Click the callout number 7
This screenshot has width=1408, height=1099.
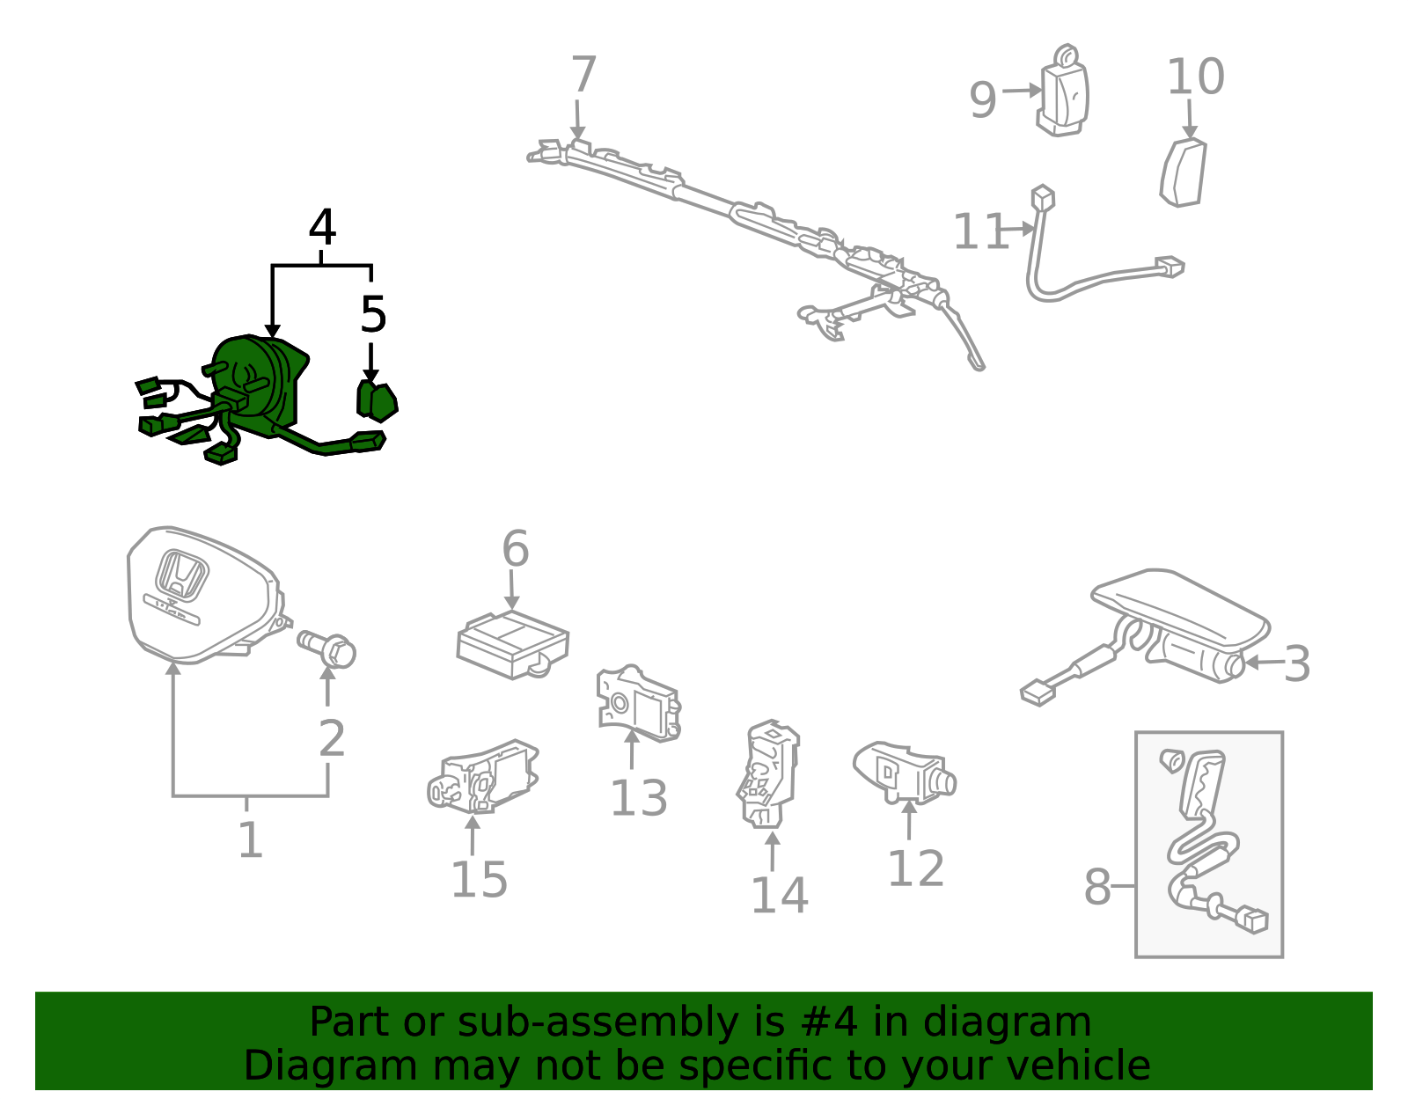(x=583, y=74)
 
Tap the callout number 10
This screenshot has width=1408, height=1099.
(x=1195, y=77)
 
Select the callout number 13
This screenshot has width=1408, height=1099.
(x=639, y=798)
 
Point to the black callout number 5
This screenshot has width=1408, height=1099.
(x=373, y=314)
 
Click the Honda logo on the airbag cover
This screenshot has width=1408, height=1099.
(x=181, y=575)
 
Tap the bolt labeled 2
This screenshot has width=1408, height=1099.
(x=327, y=648)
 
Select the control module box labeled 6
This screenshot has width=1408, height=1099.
(x=512, y=644)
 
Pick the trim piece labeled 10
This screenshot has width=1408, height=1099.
(x=1184, y=172)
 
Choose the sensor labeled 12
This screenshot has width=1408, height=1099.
(x=905, y=773)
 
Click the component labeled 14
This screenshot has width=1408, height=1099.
(x=768, y=774)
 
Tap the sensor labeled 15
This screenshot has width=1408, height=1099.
(x=483, y=776)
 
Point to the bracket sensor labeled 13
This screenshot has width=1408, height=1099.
(x=638, y=703)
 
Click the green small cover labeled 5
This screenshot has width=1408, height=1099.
(x=378, y=401)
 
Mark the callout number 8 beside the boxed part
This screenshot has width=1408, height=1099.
(x=1097, y=887)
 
